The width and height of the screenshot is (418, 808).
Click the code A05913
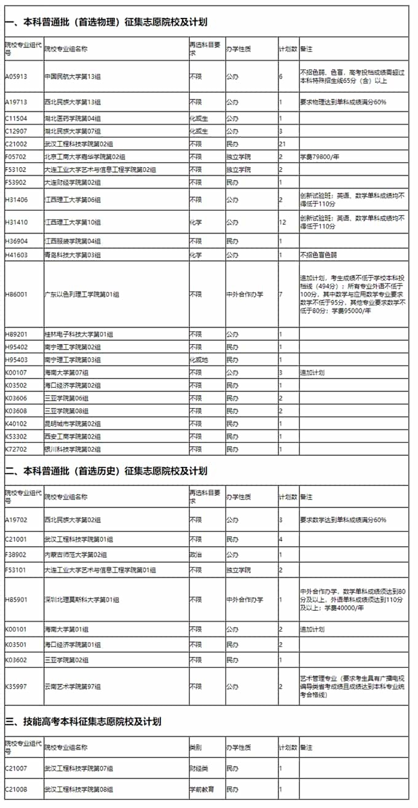16,77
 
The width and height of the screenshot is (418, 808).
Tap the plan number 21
283,144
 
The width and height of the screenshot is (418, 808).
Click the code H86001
16,294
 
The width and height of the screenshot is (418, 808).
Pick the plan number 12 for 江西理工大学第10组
283,222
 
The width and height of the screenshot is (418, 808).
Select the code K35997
16,686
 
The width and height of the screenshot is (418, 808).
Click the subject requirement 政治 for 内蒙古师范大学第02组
195,555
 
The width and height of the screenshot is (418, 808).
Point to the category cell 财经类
199,768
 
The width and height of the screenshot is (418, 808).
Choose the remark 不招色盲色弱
320,254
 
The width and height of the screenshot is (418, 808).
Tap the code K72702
16,449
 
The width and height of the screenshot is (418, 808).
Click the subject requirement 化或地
199,359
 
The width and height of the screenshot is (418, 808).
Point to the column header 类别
195,748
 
